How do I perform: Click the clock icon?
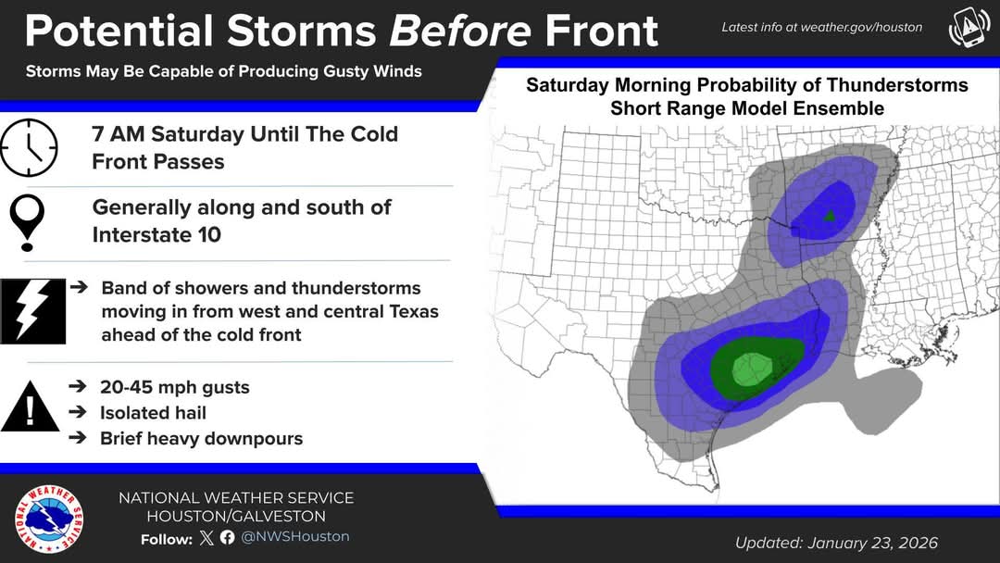pos(29,147)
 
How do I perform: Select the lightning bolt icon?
pos(32,311)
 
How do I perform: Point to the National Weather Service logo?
pos(49,519)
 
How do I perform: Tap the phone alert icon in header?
pos(969,28)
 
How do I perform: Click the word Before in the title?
pos(460,31)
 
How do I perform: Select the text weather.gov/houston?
pos(861,28)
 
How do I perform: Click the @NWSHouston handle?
pos(294,537)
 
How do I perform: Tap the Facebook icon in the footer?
pos(227,537)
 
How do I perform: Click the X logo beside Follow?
pos(206,537)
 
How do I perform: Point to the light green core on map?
pos(753,369)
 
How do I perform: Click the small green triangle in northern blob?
pos(829,216)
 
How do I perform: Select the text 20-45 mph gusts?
pos(175,388)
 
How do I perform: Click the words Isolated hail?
pos(153,413)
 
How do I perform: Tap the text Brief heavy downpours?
pos(202,439)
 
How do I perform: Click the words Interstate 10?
pos(156,234)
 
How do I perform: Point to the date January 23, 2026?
pos(872,544)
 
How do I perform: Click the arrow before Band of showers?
pos(79,287)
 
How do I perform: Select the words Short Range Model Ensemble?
pos(747,108)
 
